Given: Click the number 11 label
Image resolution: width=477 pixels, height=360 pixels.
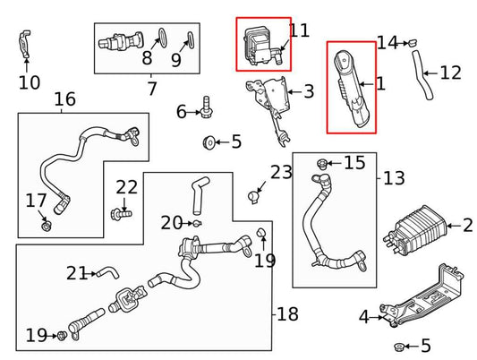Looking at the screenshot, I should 299,30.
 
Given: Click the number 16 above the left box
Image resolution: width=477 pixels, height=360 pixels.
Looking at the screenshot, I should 64,99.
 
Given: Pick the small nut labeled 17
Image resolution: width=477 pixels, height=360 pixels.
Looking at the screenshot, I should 46,224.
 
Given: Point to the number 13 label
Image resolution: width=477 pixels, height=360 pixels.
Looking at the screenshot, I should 394,178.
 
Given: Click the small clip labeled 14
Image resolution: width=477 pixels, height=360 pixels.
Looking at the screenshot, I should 414,42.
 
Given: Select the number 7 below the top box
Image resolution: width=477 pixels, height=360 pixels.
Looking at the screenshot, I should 152,89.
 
